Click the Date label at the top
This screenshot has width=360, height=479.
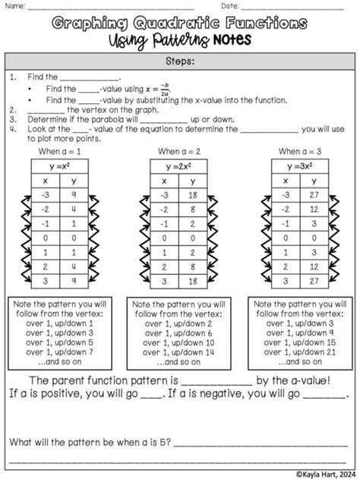(x=230, y=6)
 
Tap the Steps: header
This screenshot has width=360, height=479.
(x=180, y=61)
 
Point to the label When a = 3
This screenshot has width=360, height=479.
(x=300, y=152)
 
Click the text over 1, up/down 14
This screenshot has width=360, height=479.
(x=179, y=353)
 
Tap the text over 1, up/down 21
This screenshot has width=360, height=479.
(x=300, y=353)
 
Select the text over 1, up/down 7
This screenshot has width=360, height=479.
(x=59, y=353)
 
